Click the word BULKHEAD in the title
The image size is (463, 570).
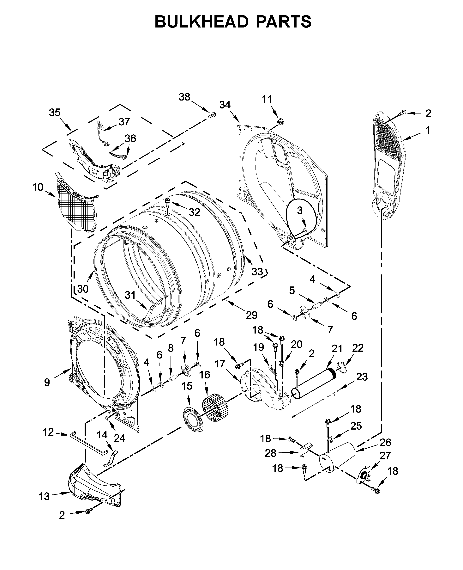tap(201, 22)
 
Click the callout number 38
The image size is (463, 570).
tap(184, 97)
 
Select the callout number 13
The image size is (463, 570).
tap(44, 497)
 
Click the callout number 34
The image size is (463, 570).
tap(225, 105)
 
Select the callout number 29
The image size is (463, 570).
tap(251, 315)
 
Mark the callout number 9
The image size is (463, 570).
tap(47, 382)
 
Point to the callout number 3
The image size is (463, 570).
tap(300, 210)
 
